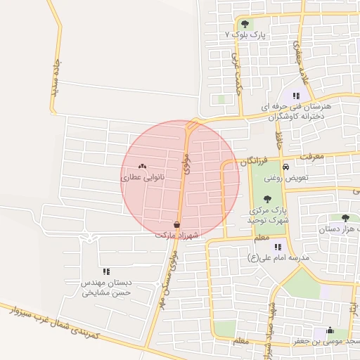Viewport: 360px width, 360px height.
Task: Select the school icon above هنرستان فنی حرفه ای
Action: tap(297, 96)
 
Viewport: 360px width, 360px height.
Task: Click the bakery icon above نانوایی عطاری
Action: tap(143, 167)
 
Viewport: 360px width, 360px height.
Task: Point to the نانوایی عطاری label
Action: tap(143, 179)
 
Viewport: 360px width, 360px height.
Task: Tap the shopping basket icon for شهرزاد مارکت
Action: tap(176, 224)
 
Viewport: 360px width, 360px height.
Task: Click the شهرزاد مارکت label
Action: tap(176, 235)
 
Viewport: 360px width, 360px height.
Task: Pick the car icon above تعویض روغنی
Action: tap(286, 167)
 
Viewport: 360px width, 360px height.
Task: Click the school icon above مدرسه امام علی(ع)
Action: tap(278, 247)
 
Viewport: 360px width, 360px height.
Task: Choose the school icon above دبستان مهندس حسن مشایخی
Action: tap(107, 271)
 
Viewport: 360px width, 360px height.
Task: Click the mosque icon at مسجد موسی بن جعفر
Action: tap(329, 331)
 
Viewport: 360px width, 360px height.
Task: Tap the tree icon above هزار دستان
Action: tap(345, 218)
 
